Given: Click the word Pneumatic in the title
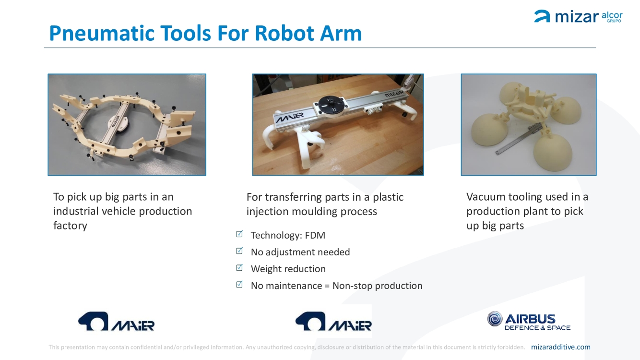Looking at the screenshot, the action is point(102,34).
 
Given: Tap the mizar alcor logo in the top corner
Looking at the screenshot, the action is point(578,16).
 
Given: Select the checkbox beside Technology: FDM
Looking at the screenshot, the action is point(239,234).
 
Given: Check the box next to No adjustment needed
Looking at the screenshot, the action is point(239,251).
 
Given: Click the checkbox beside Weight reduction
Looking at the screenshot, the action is point(239,268).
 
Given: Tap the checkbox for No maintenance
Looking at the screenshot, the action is point(239,285).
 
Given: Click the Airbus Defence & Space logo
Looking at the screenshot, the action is point(529,321).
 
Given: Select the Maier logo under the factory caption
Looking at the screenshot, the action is point(116,321).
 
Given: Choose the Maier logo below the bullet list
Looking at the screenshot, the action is point(333,321).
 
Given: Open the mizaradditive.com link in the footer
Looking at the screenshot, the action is point(560,347).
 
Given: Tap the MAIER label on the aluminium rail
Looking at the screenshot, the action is point(289,117).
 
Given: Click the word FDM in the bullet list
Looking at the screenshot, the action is point(315,235).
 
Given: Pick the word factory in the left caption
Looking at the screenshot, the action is point(71,226).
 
